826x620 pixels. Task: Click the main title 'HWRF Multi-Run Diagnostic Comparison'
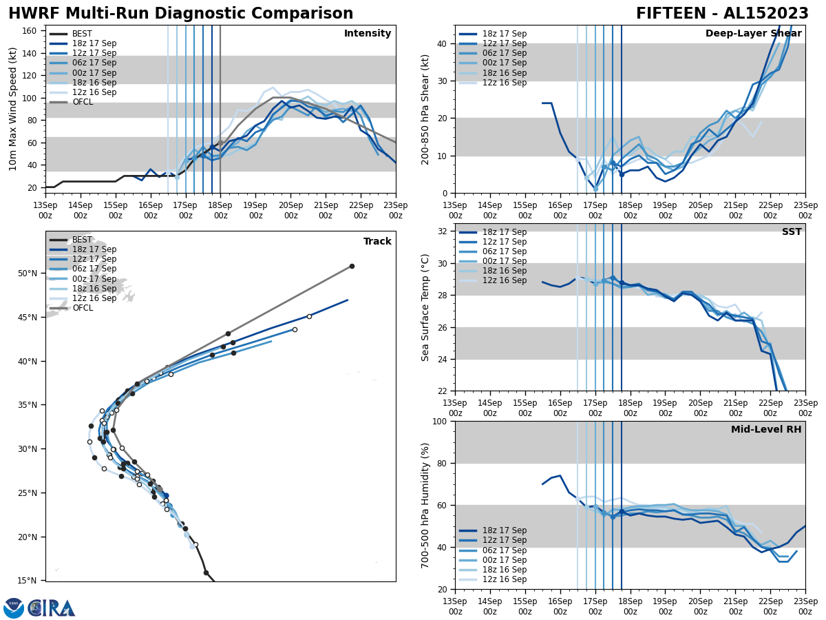[180, 14]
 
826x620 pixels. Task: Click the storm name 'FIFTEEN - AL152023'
[722, 14]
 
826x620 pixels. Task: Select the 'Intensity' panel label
[367, 34]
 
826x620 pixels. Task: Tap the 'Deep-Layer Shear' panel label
[753, 34]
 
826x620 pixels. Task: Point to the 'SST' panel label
[791, 232]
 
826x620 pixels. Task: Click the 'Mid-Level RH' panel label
[765, 430]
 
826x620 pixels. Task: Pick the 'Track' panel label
[377, 242]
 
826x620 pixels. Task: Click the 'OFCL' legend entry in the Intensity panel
[83, 102]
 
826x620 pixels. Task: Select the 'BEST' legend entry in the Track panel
[82, 240]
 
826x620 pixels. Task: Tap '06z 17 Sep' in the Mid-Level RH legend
[504, 550]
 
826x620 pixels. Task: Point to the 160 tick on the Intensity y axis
[30, 31]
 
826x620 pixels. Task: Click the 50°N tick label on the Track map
[28, 273]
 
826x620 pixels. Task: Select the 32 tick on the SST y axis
[443, 231]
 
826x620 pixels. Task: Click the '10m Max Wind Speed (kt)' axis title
[13, 109]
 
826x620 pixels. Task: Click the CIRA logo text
[52, 608]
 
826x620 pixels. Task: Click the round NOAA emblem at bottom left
[14, 608]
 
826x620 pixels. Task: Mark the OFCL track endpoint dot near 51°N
[352, 266]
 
